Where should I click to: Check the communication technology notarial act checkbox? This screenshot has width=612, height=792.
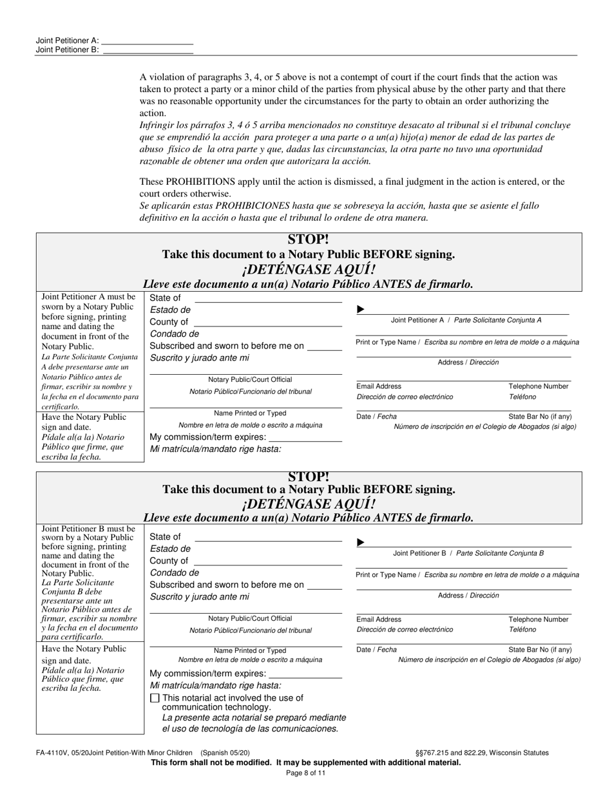tap(154, 698)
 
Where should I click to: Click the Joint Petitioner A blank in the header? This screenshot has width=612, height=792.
tap(148, 40)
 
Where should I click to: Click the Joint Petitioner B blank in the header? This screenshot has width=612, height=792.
tap(148, 50)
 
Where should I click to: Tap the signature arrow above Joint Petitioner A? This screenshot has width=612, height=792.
tap(361, 310)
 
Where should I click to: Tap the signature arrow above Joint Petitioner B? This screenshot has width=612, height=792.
tap(361, 543)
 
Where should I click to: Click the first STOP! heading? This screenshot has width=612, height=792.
tap(308, 240)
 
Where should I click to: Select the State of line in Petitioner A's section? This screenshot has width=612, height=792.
tap(267, 298)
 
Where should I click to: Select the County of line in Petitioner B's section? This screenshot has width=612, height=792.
tap(267, 561)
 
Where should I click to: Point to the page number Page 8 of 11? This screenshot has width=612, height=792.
tap(305, 773)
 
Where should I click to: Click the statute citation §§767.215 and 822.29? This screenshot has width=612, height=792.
tap(482, 752)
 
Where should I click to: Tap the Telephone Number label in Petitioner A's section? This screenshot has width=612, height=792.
tap(539, 386)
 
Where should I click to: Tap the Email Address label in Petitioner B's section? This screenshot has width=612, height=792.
tap(379, 619)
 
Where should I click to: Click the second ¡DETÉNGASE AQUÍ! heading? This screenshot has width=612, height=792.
tap(308, 504)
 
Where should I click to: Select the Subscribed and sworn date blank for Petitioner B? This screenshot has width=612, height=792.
tap(325, 585)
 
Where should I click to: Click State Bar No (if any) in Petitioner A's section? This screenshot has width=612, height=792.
tap(540, 417)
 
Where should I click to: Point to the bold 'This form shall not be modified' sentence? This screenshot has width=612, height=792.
tap(305, 762)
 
